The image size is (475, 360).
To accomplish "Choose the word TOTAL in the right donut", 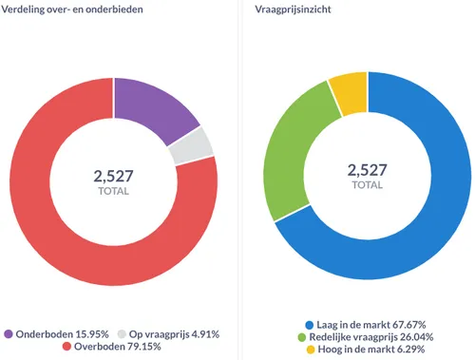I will (x=368, y=185).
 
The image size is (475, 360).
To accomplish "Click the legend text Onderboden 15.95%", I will (x=62, y=334).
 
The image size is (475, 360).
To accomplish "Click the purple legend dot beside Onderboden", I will (x=9, y=334).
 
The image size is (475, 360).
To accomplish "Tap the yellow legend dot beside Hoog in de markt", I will (x=309, y=351).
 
